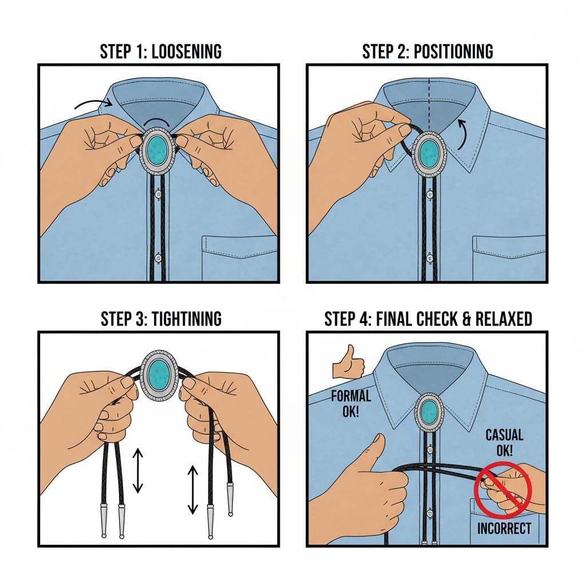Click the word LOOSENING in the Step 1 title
tap(187, 52)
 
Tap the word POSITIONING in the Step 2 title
tap(453, 52)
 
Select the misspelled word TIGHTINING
tap(186, 319)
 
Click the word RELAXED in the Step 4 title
tap(504, 319)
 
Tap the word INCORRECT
tap(504, 528)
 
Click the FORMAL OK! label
tap(351, 403)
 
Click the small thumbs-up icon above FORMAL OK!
tap(349, 362)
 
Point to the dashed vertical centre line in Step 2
tap(429, 104)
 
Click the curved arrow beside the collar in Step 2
tap(463, 134)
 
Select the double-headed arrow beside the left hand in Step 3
tap(138, 470)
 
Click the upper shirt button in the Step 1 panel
tap(158, 195)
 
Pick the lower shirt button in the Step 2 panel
tap(429, 258)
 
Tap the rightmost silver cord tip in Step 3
tap(230, 500)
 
